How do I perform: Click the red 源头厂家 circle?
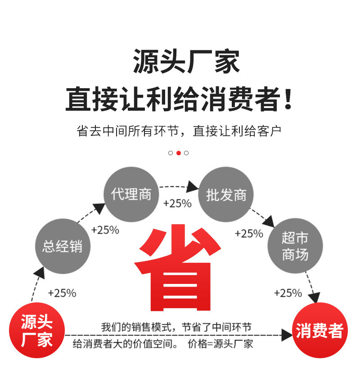point(37,331)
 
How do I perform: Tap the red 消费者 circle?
point(319,331)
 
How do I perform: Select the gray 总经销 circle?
point(63,246)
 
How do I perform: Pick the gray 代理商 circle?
point(131,194)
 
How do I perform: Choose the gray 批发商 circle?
point(226,194)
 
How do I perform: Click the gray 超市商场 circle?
point(295,246)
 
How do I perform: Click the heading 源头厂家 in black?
point(186,62)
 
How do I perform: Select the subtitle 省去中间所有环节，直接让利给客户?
point(179,131)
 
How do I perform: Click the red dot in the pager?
point(179,153)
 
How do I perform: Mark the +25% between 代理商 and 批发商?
point(177,203)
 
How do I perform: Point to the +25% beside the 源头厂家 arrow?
point(62,293)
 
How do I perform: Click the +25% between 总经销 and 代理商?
point(105,230)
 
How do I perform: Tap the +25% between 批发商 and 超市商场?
point(249,234)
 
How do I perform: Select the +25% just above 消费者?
point(288,293)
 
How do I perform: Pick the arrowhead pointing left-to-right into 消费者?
point(287,335)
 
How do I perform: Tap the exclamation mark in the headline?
point(288,100)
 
